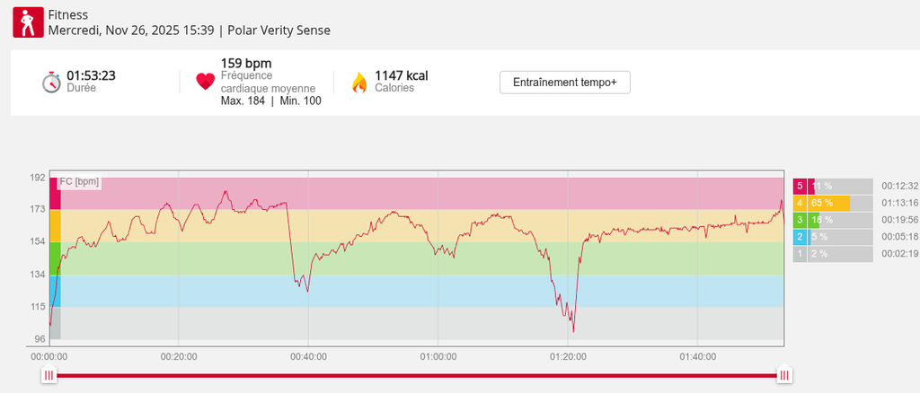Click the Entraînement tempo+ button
pos(565,82)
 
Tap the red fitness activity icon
pos(29,22)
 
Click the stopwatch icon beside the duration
pos(51,82)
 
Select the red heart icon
pos(206,82)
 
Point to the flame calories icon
pos(359,83)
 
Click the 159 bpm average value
pos(246,64)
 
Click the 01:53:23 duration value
pos(91,75)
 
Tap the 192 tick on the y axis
pos(38,178)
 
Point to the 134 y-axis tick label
pos(38,275)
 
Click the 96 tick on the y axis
pos(40,339)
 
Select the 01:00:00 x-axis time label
pos(438,356)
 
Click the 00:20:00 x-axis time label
pos(179,356)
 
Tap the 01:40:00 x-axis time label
pos(697,356)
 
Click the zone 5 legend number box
pos(800,186)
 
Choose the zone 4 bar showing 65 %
pos(828,203)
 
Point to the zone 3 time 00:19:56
pos(899,220)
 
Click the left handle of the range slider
pos(49,375)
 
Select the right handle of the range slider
pos(784,375)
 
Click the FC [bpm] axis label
pos(79,182)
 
